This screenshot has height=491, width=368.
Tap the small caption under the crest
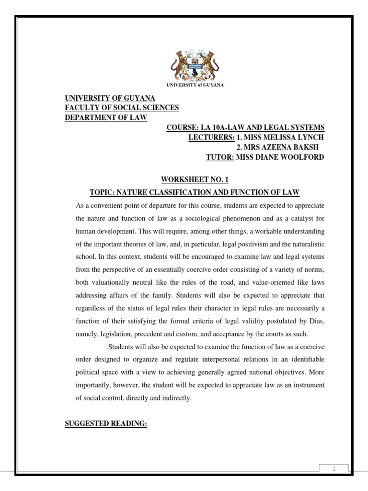pyautogui.click(x=195, y=85)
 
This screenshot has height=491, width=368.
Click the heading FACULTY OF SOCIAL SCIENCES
pyautogui.click(x=122, y=108)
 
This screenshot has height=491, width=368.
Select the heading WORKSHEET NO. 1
pyautogui.click(x=195, y=180)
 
